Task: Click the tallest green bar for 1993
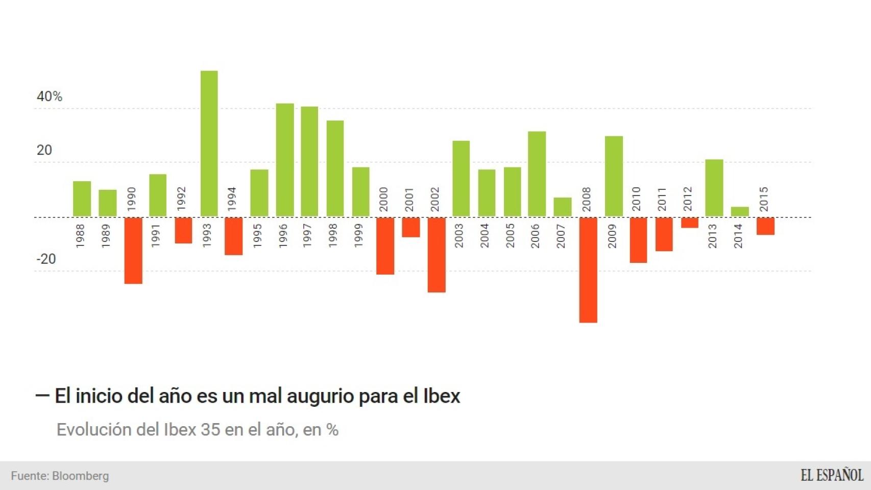(x=209, y=143)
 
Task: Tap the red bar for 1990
(x=133, y=250)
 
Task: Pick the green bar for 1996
(x=285, y=160)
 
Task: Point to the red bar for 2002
(x=437, y=255)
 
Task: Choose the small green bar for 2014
(x=740, y=211)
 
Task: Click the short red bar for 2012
(x=689, y=223)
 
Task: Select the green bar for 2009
(x=614, y=176)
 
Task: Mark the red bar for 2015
(x=765, y=226)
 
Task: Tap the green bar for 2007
(x=563, y=207)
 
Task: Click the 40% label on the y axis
(x=50, y=96)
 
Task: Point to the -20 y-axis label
(x=46, y=259)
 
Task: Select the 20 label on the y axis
(x=44, y=150)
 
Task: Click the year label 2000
(x=384, y=199)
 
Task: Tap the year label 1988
(x=80, y=236)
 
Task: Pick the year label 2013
(x=712, y=236)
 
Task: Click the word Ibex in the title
(x=442, y=396)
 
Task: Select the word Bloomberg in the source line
(x=80, y=476)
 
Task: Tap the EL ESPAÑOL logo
(x=832, y=475)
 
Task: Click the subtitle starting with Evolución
(x=197, y=430)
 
